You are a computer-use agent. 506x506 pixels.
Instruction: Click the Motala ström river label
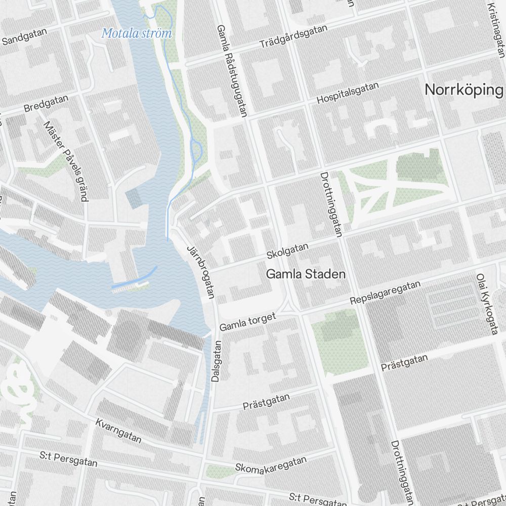coord(137,33)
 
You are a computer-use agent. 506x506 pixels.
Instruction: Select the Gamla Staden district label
coord(306,274)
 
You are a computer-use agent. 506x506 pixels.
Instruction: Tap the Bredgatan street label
coord(46,104)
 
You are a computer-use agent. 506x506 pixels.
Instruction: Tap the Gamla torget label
coord(247,322)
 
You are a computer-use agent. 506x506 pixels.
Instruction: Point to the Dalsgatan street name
coord(216,361)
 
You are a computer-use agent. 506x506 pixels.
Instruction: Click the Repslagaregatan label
coord(385,293)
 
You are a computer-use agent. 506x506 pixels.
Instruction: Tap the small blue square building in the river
coord(134,198)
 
